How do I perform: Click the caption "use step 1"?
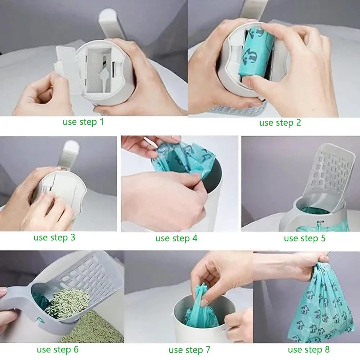(83, 122)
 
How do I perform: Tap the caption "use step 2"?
(280, 123)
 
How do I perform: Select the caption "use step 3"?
(54, 237)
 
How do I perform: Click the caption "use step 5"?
(305, 238)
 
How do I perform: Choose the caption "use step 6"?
(57, 349)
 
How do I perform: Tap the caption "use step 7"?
(190, 350)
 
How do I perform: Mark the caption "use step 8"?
(309, 349)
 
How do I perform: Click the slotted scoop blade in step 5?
(331, 169)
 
